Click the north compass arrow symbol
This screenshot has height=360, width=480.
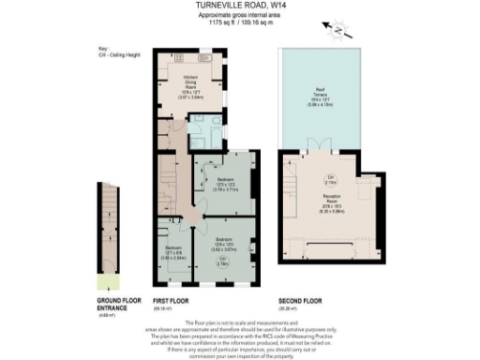[338, 30]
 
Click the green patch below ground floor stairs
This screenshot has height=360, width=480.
[110, 280]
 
